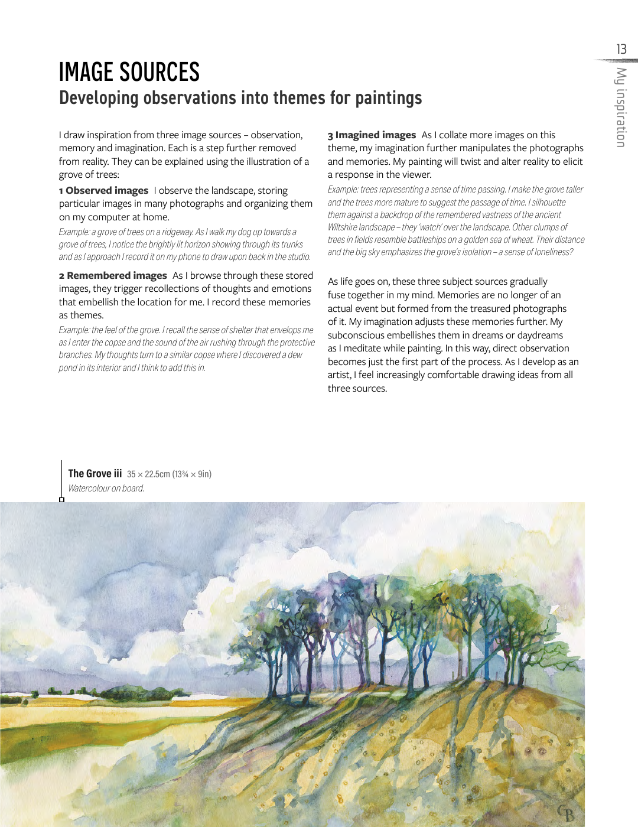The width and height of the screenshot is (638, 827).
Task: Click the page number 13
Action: tap(621, 49)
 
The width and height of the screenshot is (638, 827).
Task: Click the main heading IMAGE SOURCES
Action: tap(129, 73)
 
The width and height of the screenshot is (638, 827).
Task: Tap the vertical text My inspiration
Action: tap(621, 107)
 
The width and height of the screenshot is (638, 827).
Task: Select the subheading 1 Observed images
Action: tap(104, 191)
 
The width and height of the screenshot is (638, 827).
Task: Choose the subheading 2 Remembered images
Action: tap(113, 276)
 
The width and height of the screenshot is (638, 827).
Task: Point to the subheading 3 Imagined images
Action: tap(372, 135)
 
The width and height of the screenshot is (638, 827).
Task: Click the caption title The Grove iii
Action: tap(95, 474)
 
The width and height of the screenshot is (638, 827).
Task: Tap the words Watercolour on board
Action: tap(106, 489)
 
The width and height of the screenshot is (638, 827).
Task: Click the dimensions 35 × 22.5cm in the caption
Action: tap(148, 474)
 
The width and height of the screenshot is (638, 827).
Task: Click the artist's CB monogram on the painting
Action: tap(565, 813)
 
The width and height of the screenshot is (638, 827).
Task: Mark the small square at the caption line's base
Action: tap(61, 500)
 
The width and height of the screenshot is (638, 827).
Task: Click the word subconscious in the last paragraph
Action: tap(356, 336)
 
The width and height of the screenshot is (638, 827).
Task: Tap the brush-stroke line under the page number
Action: tap(617, 60)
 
